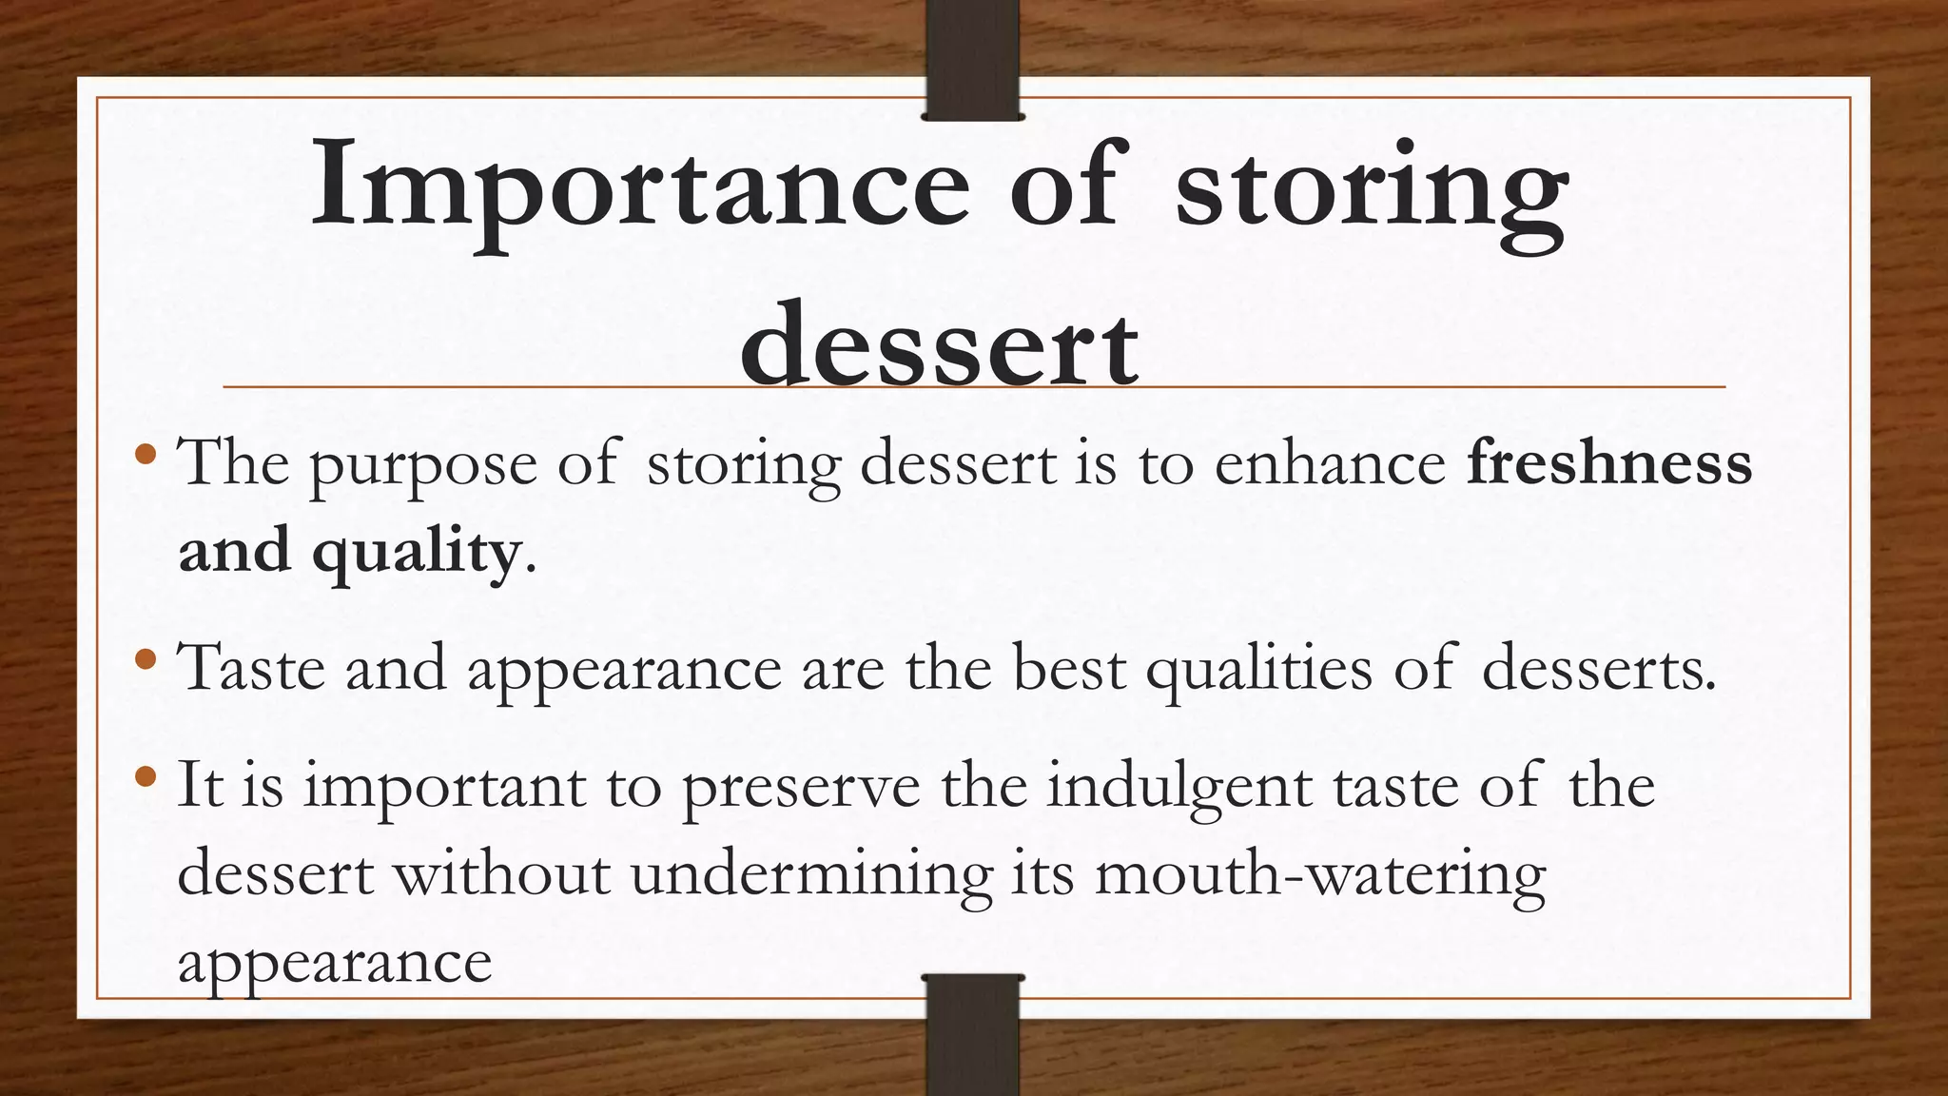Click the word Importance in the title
pyautogui.click(x=639, y=186)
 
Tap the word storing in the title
pyautogui.click(x=1371, y=190)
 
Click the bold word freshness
pyautogui.click(x=1609, y=463)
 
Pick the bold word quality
pyautogui.click(x=415, y=553)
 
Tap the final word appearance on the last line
pyautogui.click(x=335, y=964)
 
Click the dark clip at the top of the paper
pyautogui.click(x=972, y=59)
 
